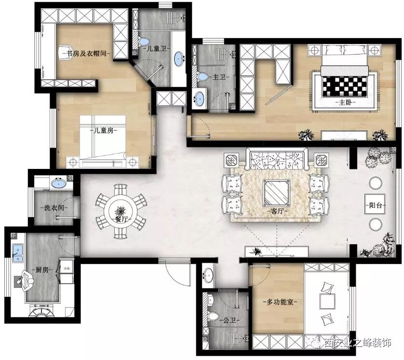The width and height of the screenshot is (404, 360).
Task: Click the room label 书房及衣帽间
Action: pos(87,54)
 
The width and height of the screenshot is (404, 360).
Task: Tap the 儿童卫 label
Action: pos(156,48)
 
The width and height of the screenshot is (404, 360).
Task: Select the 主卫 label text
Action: pos(219,77)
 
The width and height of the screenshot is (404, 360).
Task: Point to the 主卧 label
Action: pos(345,102)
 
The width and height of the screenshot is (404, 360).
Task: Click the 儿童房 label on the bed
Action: pos(104,130)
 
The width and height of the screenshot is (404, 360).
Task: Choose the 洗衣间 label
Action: pos(54,208)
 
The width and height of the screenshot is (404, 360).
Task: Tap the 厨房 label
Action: pos(42,270)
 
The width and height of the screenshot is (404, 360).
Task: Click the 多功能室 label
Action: pos(280,302)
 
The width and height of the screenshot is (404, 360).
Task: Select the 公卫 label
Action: pos(229,320)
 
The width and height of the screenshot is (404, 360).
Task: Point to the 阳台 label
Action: pos(375,205)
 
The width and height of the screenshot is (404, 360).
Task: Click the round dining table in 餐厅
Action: pos(121,212)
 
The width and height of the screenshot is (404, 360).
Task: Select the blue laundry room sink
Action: pos(58,183)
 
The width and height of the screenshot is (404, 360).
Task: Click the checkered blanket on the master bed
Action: pos(344,86)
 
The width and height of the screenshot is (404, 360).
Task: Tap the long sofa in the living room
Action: pos(277,159)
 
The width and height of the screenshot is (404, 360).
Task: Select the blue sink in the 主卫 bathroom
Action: pos(199,98)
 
